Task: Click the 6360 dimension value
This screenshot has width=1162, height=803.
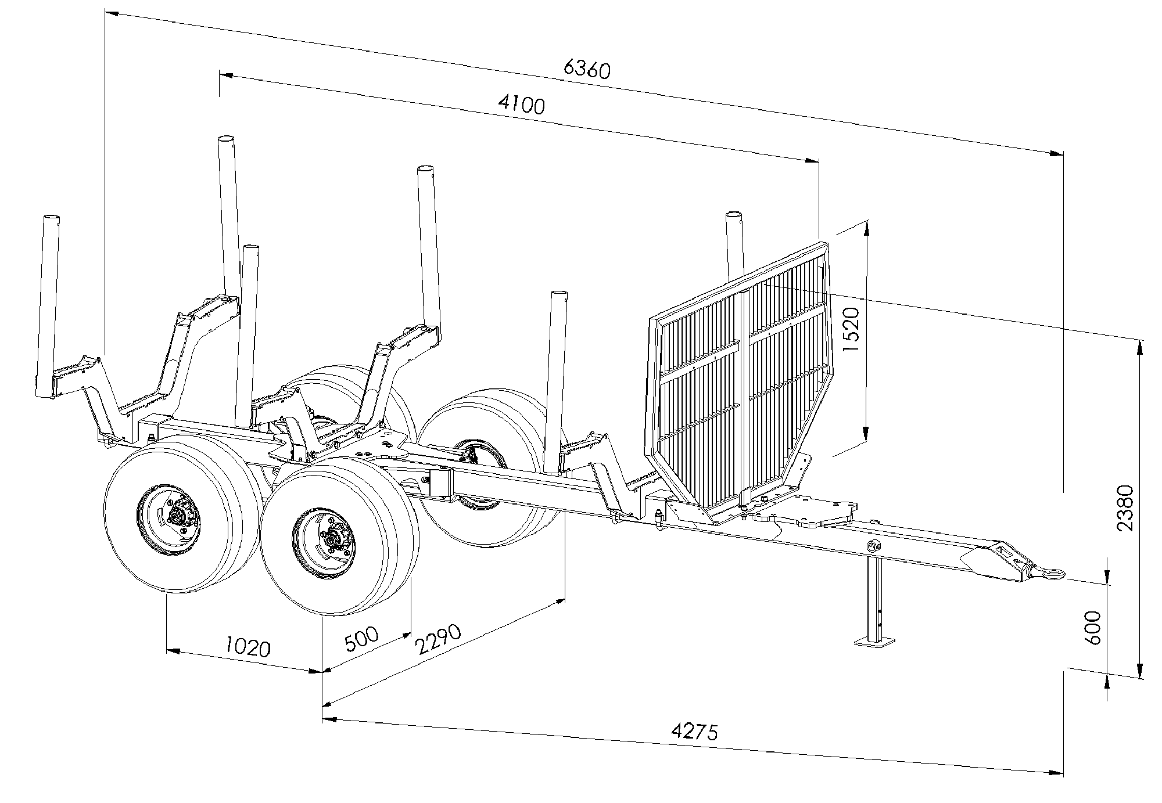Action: click(x=587, y=69)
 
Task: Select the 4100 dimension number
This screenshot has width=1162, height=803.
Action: click(x=522, y=105)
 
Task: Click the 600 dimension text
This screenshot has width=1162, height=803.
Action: click(x=1092, y=627)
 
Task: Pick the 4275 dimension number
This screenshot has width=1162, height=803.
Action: click(x=694, y=731)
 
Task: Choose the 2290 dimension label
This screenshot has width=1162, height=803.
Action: click(x=439, y=639)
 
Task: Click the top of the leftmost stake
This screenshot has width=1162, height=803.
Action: click(x=52, y=218)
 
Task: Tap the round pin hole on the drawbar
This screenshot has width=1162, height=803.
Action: click(x=872, y=546)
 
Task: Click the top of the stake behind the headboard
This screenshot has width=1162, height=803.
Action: click(x=735, y=216)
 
